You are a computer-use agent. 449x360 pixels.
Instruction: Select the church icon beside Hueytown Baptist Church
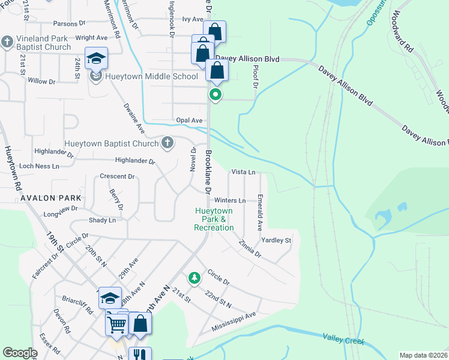tap(167, 143)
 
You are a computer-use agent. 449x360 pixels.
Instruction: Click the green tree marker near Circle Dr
tap(194, 277)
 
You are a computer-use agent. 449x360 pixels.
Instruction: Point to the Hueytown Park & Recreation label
tap(214, 219)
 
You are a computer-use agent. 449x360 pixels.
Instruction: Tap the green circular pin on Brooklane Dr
tap(215, 95)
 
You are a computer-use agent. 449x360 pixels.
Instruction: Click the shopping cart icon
tap(117, 324)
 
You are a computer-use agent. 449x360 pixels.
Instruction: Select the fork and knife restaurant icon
tap(140, 355)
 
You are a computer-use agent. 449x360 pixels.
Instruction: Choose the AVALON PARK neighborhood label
tap(46, 197)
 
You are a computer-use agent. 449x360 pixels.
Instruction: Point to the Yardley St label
tap(276, 241)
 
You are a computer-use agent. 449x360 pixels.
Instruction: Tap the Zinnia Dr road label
tap(250, 249)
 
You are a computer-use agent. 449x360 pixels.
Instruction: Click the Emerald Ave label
tap(260, 212)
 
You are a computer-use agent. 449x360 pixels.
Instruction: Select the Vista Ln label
tap(244, 172)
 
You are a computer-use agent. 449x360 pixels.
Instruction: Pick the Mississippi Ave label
tap(234, 322)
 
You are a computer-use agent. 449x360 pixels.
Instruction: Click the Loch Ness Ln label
tap(40, 166)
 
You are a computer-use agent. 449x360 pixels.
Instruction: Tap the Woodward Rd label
tap(402, 30)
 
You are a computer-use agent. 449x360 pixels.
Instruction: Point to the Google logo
tap(20, 353)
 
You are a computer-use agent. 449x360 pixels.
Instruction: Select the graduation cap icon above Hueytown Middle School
tap(96, 58)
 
